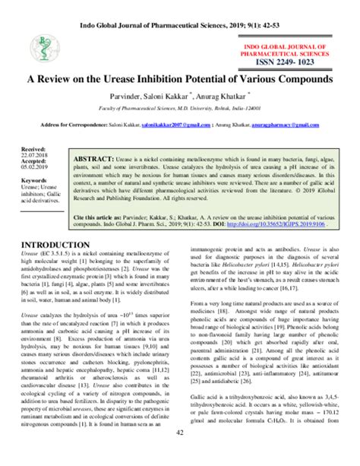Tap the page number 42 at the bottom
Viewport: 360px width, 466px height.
click(x=180, y=455)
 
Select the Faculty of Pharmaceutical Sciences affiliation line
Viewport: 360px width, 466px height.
click(x=179, y=109)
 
